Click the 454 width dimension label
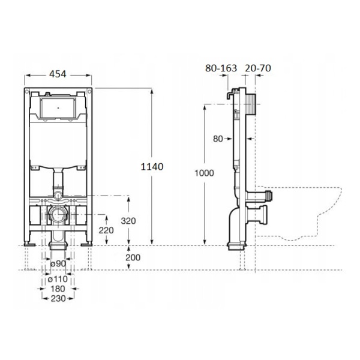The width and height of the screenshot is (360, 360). [58, 74]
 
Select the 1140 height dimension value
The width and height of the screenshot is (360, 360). [152, 167]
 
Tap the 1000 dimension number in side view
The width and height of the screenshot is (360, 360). [204, 173]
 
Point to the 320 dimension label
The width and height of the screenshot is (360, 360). [128, 221]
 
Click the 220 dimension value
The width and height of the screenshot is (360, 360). [106, 230]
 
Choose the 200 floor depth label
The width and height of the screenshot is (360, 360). [133, 257]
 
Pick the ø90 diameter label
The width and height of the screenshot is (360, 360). [58, 263]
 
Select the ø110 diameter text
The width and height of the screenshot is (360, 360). [58, 279]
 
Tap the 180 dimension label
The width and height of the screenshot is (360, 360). [58, 289]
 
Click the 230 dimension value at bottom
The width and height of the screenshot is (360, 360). [58, 299]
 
